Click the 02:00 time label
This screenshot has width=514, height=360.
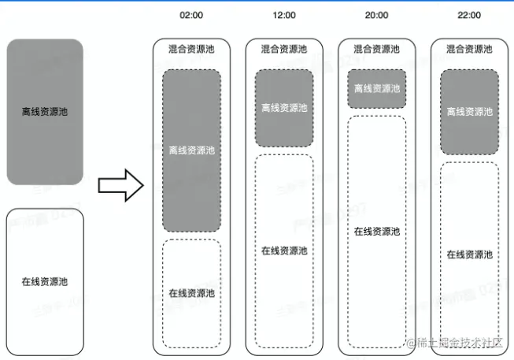[x=191, y=15]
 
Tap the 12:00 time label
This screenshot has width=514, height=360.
[x=284, y=15]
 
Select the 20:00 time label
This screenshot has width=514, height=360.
[x=376, y=15]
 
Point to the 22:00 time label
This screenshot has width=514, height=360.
[x=469, y=15]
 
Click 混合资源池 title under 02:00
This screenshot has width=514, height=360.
[x=191, y=49]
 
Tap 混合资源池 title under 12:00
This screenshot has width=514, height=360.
[x=284, y=49]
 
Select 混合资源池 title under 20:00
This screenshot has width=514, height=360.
[x=376, y=49]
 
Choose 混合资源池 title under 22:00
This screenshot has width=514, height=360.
[x=469, y=49]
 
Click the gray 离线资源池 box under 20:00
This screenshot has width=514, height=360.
[x=376, y=89]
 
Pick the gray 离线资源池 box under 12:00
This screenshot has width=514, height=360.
[x=284, y=108]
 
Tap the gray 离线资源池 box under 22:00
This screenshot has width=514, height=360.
[x=469, y=112]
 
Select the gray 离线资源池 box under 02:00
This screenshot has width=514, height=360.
[x=191, y=150]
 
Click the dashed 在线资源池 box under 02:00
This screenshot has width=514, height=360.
[x=191, y=292]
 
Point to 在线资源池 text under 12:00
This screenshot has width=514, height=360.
[x=284, y=251]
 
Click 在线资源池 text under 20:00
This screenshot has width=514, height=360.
[x=376, y=232]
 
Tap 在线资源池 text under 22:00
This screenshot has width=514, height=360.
[x=469, y=254]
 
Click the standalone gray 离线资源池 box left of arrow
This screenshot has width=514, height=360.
[x=45, y=112]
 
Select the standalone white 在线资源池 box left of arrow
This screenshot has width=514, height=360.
[x=45, y=281]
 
